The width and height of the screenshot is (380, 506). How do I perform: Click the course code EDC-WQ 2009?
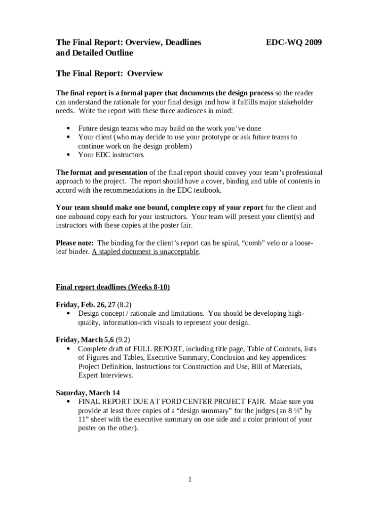click(x=294, y=43)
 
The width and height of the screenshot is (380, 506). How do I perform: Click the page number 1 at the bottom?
click(x=190, y=479)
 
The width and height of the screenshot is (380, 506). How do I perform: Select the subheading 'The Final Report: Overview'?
click(x=109, y=73)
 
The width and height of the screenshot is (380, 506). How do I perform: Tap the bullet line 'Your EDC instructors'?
click(x=111, y=155)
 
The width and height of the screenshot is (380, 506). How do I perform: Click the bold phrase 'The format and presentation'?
click(x=102, y=172)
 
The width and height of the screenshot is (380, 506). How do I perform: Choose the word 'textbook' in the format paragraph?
click(x=207, y=190)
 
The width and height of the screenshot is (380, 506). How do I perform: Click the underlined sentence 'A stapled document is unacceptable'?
click(x=145, y=252)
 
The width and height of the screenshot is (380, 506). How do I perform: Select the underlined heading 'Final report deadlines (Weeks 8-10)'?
click(x=113, y=287)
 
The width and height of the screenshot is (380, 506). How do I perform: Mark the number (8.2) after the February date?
click(x=123, y=304)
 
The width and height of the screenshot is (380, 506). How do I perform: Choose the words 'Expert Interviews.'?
click(x=106, y=375)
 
